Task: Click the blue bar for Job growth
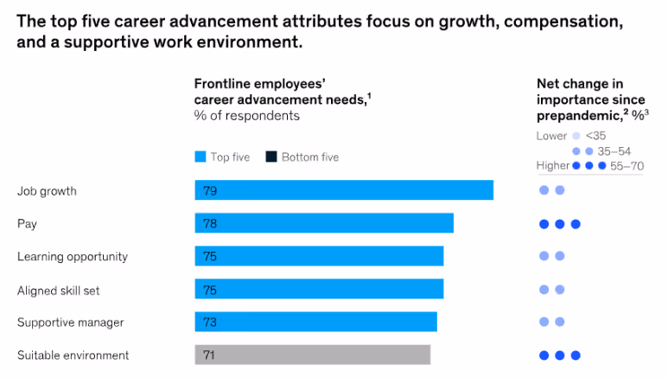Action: [344, 190]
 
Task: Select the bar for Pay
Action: [324, 223]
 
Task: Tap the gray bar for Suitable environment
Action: [312, 355]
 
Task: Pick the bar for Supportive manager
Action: [315, 322]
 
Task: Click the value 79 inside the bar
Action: [210, 190]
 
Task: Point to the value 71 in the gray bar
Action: [210, 355]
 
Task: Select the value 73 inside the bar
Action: [210, 322]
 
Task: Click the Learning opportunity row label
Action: [73, 256]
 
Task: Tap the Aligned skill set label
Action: [59, 289]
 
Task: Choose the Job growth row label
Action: [47, 190]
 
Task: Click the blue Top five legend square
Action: [200, 157]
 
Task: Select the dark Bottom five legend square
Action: [270, 157]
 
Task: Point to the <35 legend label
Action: [595, 136]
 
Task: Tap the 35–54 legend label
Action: [614, 151]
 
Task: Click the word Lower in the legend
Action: [551, 136]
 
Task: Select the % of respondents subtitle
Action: [246, 115]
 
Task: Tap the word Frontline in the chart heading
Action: [222, 84]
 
